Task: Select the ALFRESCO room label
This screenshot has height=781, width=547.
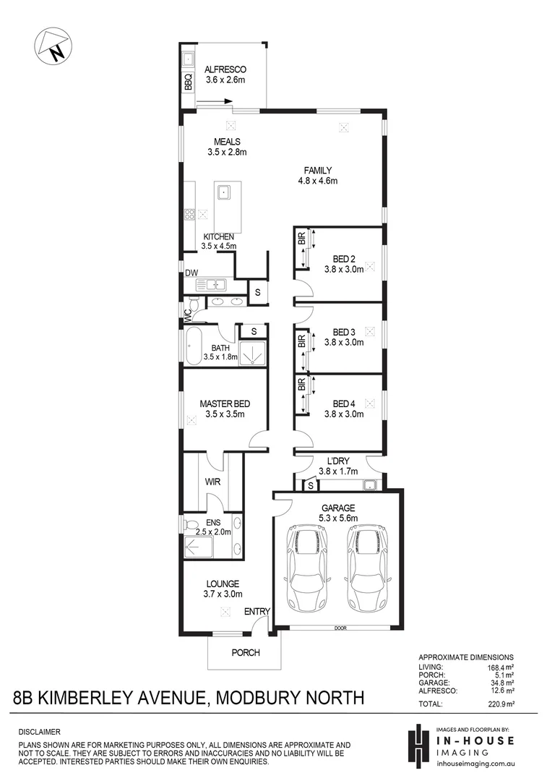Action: pyautogui.click(x=225, y=69)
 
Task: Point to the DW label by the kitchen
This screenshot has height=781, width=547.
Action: pyautogui.click(x=191, y=273)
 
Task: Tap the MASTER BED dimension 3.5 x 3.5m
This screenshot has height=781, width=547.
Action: pyautogui.click(x=225, y=415)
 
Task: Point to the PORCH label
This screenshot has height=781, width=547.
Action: pyautogui.click(x=245, y=653)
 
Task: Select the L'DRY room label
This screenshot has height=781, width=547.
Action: pyautogui.click(x=337, y=461)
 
